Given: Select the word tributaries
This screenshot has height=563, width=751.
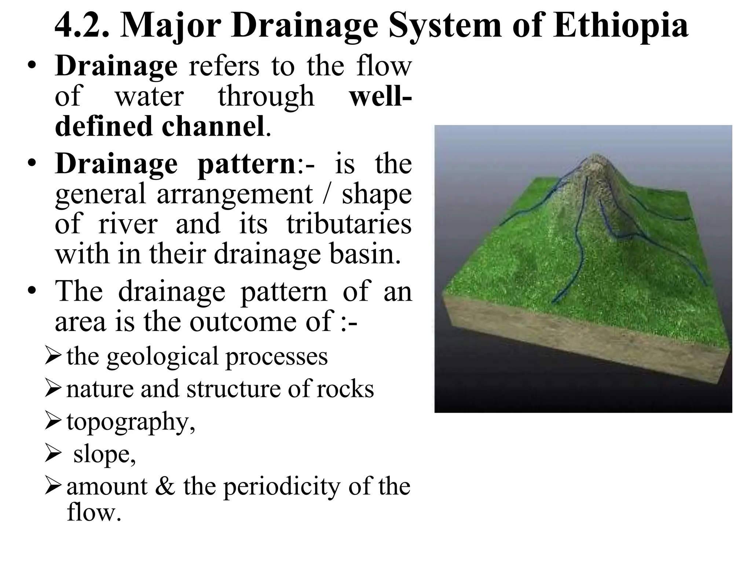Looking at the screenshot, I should coord(349,224).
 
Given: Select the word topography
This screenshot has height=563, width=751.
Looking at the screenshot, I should coord(128,422).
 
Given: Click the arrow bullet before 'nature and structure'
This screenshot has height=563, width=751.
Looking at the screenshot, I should coord(54,389).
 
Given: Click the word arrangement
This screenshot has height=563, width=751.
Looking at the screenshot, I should coord(235,194).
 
